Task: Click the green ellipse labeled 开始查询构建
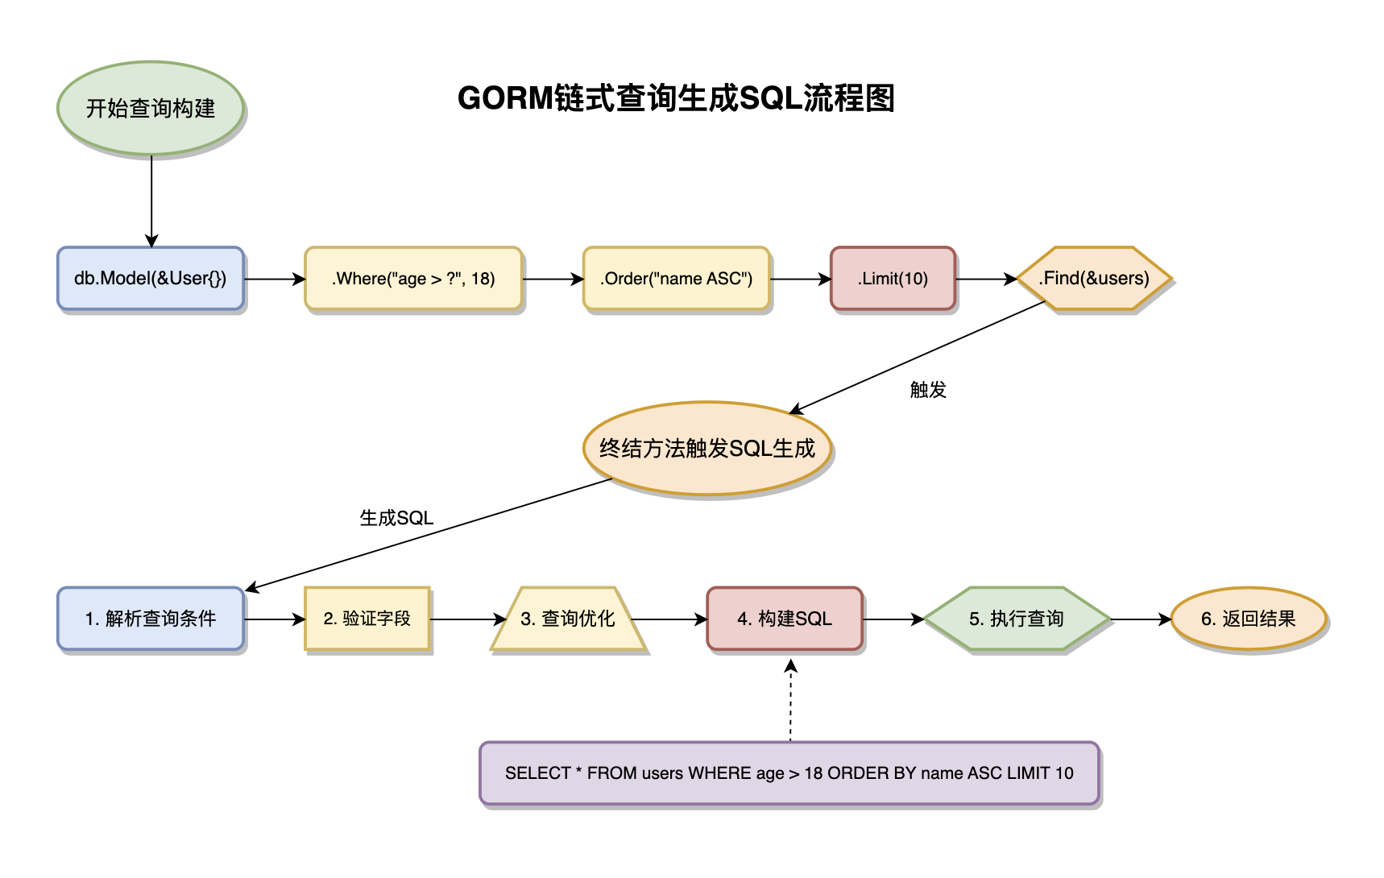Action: (x=151, y=108)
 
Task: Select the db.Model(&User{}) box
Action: (x=151, y=279)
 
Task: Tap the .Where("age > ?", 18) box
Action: (x=413, y=279)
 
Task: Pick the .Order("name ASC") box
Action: (x=676, y=279)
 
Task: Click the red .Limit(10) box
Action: (x=893, y=279)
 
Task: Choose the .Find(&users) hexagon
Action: (x=1093, y=279)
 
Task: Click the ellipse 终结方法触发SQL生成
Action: (x=707, y=449)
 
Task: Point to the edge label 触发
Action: (x=928, y=390)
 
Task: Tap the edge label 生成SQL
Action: (x=396, y=518)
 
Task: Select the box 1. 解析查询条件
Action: (x=151, y=619)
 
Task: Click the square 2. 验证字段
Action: (x=367, y=619)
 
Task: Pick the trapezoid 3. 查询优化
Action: (x=568, y=619)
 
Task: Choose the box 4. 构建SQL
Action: (x=785, y=619)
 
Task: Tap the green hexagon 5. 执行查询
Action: (x=1017, y=619)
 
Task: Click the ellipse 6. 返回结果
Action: (x=1248, y=619)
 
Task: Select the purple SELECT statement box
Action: (x=789, y=773)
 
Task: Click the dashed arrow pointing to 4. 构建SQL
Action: (x=790, y=701)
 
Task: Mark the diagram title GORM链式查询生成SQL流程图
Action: (x=676, y=98)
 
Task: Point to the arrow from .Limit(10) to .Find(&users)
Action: (x=985, y=280)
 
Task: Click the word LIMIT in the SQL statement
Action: (x=1029, y=773)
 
